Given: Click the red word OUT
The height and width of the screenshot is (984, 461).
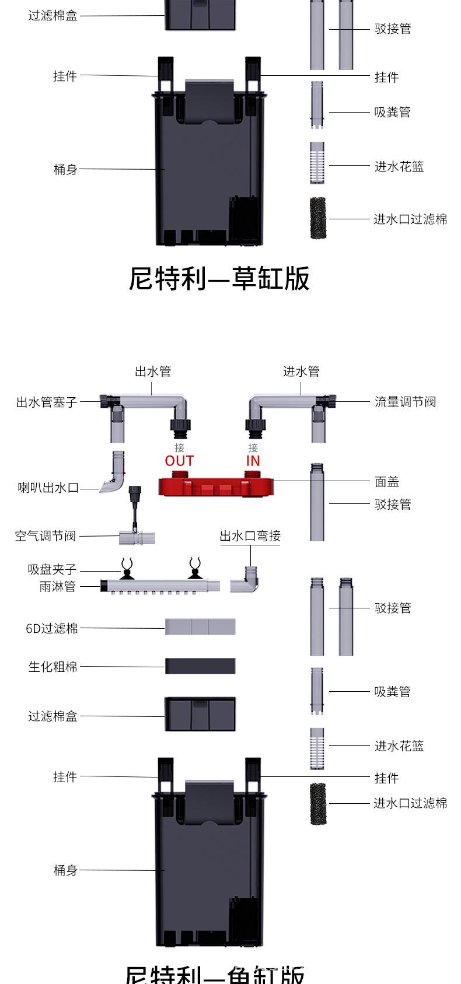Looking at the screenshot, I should pos(179,461).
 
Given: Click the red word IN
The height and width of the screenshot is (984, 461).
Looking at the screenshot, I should pos(253,461).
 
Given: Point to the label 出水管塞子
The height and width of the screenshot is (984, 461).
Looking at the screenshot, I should pos(46,402).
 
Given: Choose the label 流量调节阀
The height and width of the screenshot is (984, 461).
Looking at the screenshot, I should pos(405,402).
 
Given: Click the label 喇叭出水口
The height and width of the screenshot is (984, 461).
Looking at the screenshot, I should pos(48,488).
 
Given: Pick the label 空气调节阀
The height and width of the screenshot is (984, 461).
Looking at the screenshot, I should pos(45,535).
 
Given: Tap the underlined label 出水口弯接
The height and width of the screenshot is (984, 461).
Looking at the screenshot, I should pos(250,535).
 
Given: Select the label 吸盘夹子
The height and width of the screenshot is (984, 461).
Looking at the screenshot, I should pos(52,569).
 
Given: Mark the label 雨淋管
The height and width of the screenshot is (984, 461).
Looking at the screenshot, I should pos(57,587).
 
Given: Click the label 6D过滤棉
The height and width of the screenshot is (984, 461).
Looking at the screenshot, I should pos(51,628).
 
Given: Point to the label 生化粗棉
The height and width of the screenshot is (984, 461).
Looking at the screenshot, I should pos(53,666).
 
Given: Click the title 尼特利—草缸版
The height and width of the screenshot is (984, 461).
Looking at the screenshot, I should pos(219,278).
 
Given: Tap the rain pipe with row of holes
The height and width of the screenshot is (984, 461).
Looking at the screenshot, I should pos(160,586).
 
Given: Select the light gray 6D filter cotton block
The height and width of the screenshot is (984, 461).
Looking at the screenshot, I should pos(200,627).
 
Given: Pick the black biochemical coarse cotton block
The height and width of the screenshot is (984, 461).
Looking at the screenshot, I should pos(200,666).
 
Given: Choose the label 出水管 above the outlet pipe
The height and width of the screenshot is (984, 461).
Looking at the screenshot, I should pos(153,372).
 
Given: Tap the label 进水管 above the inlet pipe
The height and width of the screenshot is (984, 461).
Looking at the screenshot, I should pos(301,372).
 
